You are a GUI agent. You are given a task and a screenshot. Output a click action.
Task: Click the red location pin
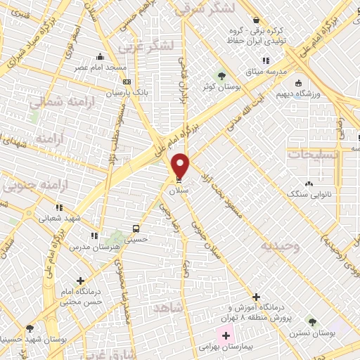point(181,165)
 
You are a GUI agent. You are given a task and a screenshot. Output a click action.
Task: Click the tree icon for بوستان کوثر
point(222,75)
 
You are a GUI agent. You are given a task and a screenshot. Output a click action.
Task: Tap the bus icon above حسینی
point(136,229)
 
